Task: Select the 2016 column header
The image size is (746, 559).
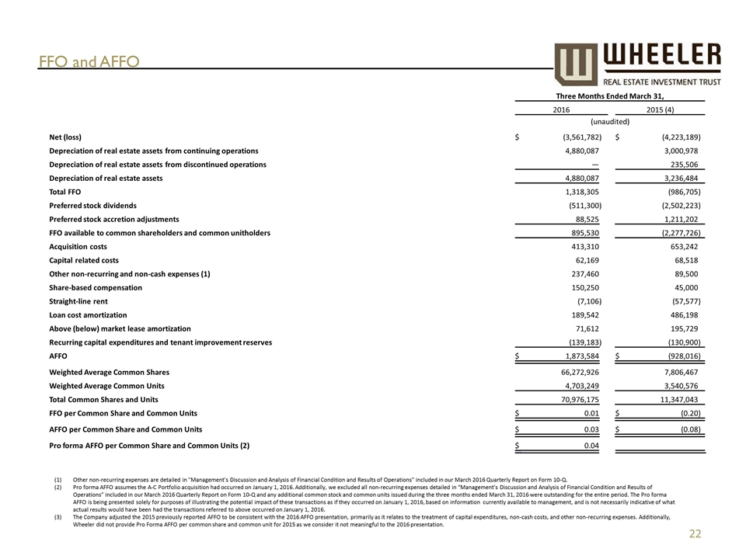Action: [561, 110]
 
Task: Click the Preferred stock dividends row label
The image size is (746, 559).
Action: [92, 206]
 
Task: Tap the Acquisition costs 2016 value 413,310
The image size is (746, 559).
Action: [580, 246]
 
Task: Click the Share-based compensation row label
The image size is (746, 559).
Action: [96, 287]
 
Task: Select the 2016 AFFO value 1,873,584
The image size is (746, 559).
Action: [576, 356]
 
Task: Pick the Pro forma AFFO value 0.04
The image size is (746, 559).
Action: [588, 446]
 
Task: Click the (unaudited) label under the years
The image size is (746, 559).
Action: [610, 122]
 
